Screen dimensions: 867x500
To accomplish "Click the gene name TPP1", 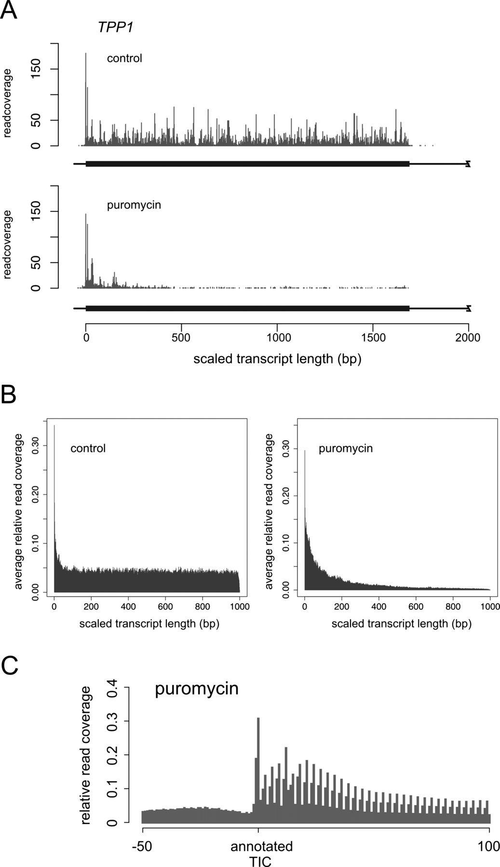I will tap(115, 28).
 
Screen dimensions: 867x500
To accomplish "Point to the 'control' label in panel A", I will tap(124, 59).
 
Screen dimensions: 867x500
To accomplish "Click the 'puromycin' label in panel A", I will tap(134, 205).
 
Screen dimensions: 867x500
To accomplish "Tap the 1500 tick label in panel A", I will tap(373, 338).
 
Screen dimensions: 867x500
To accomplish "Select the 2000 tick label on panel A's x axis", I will tap(468, 338).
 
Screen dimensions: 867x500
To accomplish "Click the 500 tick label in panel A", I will tap(181, 338).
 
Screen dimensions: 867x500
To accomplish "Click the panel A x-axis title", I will tap(277, 359).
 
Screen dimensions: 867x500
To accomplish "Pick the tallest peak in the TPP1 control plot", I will tap(86, 54).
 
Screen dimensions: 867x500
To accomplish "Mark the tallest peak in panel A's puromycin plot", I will tap(86, 214).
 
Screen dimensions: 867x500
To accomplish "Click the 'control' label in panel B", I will tap(88, 448).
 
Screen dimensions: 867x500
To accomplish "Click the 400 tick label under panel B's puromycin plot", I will tap(379, 607).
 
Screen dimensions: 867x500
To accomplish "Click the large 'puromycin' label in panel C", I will tap(197, 689).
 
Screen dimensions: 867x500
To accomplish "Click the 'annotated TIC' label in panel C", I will tap(261, 853).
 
